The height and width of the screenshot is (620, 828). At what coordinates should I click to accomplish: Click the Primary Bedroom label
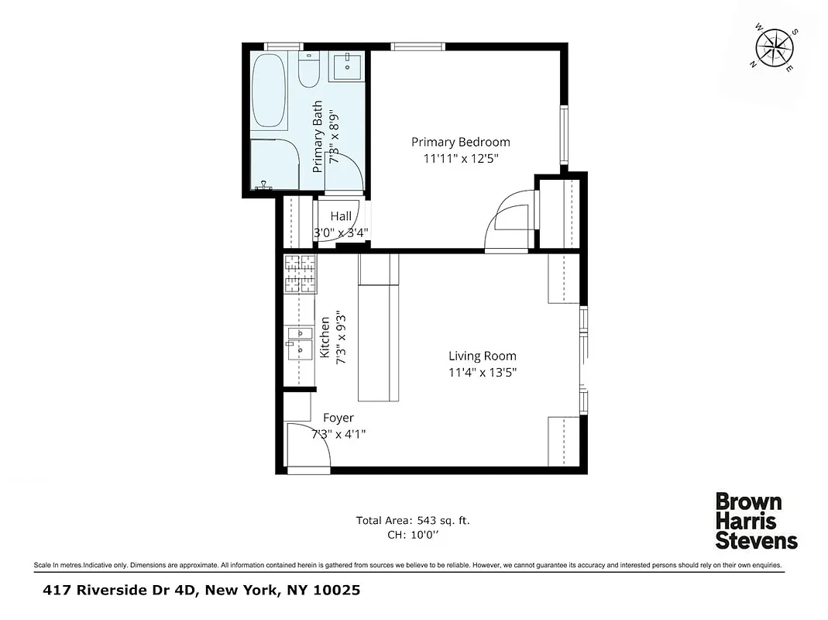[x=460, y=142]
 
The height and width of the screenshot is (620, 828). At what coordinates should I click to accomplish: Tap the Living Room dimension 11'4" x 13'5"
[x=482, y=372]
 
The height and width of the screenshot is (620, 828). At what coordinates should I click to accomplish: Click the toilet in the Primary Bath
[x=308, y=72]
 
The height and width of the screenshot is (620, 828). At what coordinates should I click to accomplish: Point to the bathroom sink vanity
[x=345, y=67]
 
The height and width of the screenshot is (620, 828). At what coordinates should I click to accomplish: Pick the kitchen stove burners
[x=301, y=274]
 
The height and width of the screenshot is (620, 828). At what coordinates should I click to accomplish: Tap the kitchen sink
[x=298, y=342]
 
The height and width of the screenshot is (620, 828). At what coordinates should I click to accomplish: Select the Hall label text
[x=341, y=217]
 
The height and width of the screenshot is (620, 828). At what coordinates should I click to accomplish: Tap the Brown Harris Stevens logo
[x=755, y=521]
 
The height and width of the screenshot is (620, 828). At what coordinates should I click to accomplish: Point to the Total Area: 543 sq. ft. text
[x=413, y=521]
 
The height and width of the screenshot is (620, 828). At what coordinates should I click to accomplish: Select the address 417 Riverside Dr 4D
[x=120, y=591]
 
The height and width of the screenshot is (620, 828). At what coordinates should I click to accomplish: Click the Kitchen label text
[x=325, y=337]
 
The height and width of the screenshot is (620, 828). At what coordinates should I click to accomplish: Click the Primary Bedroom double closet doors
[x=511, y=221]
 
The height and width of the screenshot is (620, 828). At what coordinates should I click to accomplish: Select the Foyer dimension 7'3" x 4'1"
[x=338, y=434]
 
